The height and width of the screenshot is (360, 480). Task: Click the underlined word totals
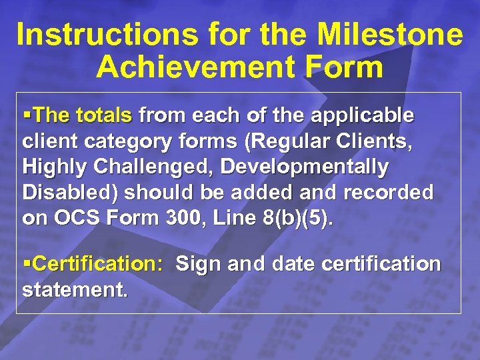tap(104, 116)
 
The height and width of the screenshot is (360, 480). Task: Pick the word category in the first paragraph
tap(116, 141)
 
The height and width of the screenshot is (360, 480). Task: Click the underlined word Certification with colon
tap(97, 264)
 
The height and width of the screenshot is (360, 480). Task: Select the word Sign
tap(198, 264)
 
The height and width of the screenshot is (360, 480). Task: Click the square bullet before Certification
tap(27, 264)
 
